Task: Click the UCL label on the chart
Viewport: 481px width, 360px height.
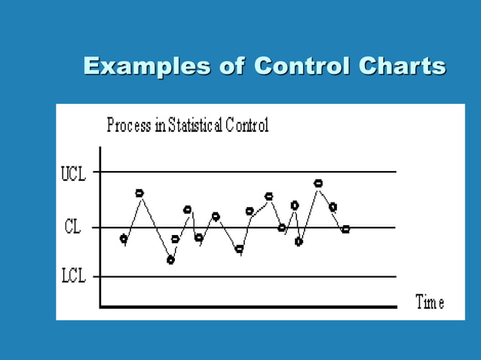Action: (x=73, y=174)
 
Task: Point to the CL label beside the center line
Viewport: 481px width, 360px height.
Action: (x=72, y=227)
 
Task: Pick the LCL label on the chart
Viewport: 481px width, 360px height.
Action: (x=73, y=276)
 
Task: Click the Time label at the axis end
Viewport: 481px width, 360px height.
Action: (x=430, y=303)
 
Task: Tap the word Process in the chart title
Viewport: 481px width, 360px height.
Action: (x=128, y=126)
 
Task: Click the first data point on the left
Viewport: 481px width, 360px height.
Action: (x=124, y=239)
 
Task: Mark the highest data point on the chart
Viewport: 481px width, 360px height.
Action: (x=318, y=183)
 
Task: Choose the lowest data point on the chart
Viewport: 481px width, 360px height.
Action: (x=171, y=260)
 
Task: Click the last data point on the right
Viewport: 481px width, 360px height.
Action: (x=345, y=229)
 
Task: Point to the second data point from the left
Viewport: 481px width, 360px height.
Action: (x=139, y=193)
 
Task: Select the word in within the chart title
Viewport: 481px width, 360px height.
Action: (x=160, y=126)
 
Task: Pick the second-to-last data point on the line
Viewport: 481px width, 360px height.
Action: (x=332, y=206)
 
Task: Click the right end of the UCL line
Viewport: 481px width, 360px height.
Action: (x=394, y=172)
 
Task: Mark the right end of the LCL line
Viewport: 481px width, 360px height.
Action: (x=394, y=276)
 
